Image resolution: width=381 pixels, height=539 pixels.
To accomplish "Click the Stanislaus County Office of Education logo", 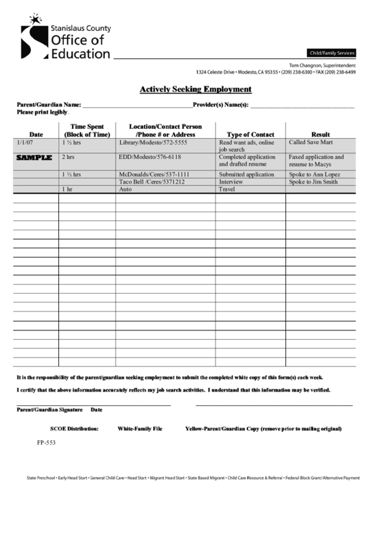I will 65,38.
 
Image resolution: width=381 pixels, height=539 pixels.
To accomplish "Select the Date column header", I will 36,135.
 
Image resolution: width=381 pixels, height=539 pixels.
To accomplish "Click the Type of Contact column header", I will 250,135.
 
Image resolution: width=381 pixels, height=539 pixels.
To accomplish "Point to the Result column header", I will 320,135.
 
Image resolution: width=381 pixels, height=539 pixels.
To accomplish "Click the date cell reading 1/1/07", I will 24,143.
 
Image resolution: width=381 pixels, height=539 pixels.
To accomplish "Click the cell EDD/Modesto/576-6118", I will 150,157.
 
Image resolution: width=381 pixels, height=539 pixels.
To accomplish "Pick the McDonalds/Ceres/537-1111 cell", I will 154,174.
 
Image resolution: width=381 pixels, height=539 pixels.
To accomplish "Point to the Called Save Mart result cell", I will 312,143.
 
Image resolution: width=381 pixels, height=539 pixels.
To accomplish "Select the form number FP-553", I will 47,443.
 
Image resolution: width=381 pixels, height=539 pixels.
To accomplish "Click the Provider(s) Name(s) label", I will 221,106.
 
